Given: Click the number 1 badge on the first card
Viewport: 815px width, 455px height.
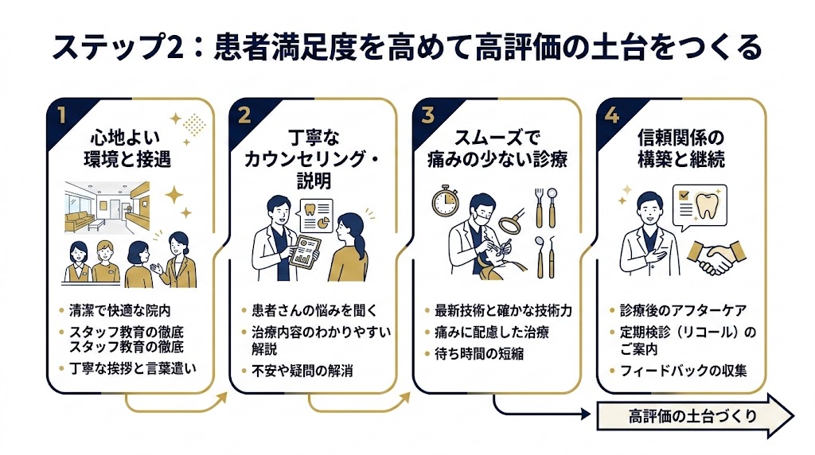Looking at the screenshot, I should tap(61, 115).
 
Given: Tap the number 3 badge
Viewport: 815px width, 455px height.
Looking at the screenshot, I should tap(428, 115).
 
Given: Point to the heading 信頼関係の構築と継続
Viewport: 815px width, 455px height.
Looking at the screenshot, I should tap(680, 148).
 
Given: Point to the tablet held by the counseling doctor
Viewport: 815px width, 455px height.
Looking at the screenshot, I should tap(301, 254).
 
